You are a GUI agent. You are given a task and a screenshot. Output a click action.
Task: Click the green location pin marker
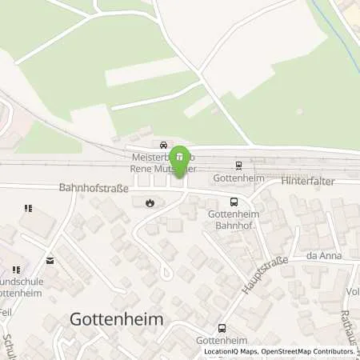pyautogui.click(x=181, y=160)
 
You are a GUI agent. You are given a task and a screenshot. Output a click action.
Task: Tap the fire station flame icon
pyautogui.click(x=149, y=203)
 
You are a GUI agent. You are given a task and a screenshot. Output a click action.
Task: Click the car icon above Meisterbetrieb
pyautogui.click(x=163, y=145)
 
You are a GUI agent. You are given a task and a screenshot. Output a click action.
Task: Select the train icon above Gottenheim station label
pyautogui.click(x=238, y=165)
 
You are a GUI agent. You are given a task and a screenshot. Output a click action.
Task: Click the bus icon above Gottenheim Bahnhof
pyautogui.click(x=234, y=202)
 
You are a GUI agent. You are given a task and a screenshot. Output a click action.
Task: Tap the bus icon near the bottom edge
pyautogui.click(x=222, y=327)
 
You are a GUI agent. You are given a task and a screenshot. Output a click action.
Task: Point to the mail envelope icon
pyautogui.click(x=50, y=260)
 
